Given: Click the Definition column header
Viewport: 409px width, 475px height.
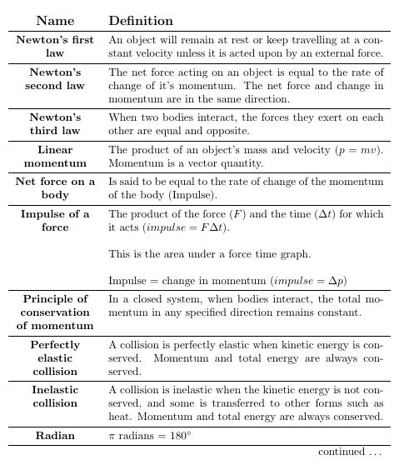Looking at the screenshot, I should [141, 21].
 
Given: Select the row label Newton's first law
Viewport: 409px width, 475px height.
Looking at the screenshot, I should [55, 46].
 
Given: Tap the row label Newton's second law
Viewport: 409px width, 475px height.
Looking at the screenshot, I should [55, 79].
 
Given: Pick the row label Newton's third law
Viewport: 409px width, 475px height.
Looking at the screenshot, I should [55, 124].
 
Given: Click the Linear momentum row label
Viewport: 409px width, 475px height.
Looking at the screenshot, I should [55, 156].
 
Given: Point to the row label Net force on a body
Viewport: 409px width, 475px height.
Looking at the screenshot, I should [55, 187].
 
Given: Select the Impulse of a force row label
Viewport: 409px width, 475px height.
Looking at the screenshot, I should [55, 220].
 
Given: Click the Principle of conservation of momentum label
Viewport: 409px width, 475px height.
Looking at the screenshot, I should [55, 312].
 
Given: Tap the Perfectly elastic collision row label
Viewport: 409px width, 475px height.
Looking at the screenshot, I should [55, 357].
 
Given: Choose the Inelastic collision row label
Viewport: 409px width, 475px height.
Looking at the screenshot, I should [55, 396].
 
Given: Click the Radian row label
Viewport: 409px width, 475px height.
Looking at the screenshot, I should [55, 436].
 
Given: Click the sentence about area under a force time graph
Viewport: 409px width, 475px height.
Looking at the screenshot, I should [210, 254].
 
